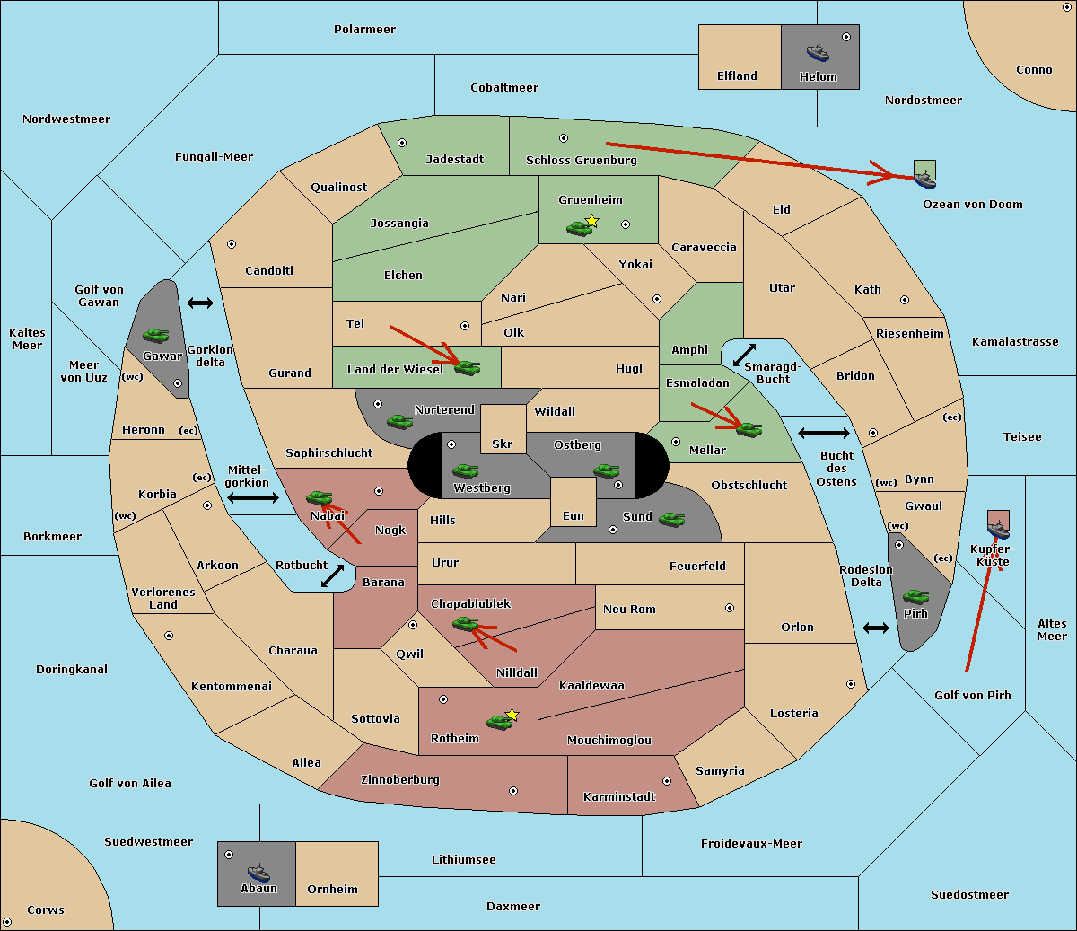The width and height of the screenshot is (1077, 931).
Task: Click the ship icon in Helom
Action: coord(818,53)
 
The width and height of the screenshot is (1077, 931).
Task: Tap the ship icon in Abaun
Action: coord(258,872)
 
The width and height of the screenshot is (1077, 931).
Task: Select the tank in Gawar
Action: coord(156,335)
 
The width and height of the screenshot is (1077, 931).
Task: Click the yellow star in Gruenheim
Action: coord(592,221)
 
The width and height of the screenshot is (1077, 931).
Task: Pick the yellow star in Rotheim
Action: coord(512,714)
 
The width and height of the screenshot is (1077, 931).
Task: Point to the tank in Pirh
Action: coord(915,596)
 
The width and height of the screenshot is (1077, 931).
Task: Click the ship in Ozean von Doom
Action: coord(924,180)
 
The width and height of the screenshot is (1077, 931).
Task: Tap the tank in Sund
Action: coord(671,519)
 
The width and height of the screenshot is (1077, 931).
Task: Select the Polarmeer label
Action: coord(364,30)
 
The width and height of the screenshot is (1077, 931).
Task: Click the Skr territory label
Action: coord(503,444)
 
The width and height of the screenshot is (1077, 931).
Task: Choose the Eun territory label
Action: coord(574,515)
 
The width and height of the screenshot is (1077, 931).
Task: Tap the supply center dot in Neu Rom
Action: coord(730,608)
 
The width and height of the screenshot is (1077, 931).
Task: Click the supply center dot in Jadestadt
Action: coord(402,143)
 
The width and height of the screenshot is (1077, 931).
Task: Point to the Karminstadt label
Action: coord(619,796)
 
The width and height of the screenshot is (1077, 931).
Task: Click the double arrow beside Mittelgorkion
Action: coord(253,497)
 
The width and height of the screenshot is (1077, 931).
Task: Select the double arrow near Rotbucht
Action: coord(333,576)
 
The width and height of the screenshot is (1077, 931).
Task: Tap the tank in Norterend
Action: coord(399,422)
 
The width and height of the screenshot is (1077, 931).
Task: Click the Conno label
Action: coord(1034,69)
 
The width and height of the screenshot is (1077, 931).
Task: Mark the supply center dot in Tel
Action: coord(465,326)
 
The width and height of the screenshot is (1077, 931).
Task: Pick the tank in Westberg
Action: coord(465,470)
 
